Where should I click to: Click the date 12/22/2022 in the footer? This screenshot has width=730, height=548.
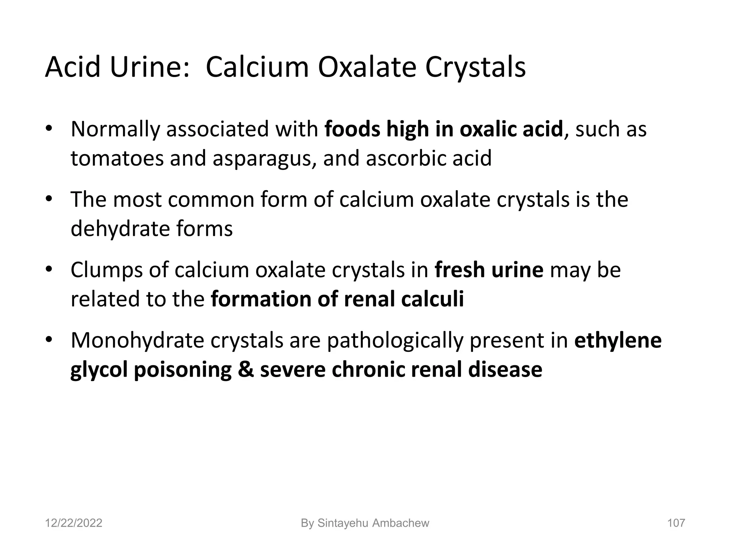click(x=73, y=523)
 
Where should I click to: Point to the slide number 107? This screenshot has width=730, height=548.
click(x=676, y=523)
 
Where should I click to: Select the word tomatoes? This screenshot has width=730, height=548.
click(x=117, y=158)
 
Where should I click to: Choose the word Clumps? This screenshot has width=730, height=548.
click(x=106, y=270)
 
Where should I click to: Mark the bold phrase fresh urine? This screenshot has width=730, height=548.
click(x=489, y=270)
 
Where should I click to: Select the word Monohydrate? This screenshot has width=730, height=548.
click(x=137, y=340)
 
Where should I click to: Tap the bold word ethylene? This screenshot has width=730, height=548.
click(x=618, y=340)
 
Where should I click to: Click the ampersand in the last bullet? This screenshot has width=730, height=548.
click(x=246, y=369)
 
